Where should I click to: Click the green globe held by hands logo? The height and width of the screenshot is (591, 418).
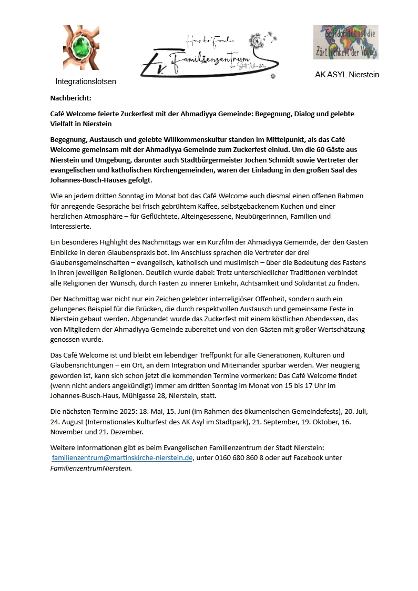point(81,47)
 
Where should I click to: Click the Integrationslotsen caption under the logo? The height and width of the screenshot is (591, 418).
point(86,81)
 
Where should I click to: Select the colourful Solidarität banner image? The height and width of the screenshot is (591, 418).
point(346,42)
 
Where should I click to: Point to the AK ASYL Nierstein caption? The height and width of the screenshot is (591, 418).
point(347,75)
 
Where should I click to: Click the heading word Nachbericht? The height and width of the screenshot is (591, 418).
point(71,98)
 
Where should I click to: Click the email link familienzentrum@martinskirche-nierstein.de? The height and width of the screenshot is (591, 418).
point(123,458)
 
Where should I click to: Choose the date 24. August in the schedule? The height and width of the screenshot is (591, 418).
point(70,422)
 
